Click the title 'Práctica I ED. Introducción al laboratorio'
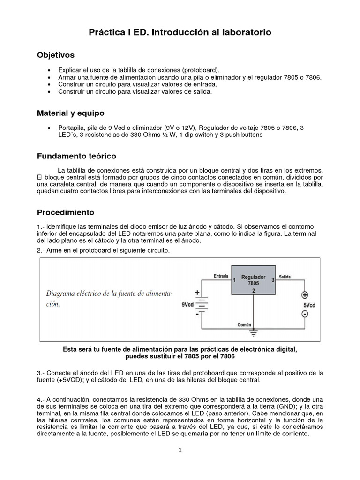tap(180, 32)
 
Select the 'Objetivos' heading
tap(56, 55)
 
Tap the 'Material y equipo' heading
tap(71, 113)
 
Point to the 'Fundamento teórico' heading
tap(76, 156)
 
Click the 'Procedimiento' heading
tap(66, 212)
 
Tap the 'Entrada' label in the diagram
tap(221, 276)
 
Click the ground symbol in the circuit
tap(254, 333)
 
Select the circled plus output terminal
tap(305, 295)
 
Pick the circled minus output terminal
tap(305, 314)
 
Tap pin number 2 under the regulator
tap(253, 291)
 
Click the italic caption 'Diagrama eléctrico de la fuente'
tap(109, 293)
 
